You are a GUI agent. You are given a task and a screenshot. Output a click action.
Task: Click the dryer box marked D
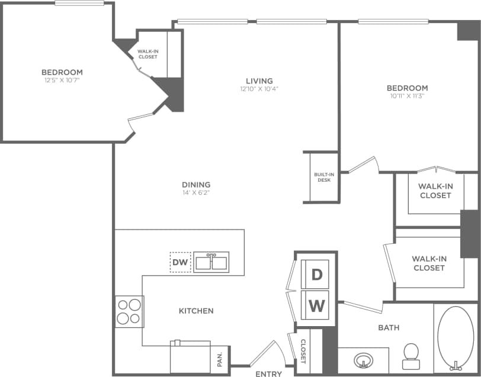[317, 274]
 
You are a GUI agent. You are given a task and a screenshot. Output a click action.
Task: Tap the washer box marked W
[317, 305]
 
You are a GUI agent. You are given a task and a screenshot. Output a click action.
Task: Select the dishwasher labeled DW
[180, 262]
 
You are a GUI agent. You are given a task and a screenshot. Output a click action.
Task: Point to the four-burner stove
[129, 311]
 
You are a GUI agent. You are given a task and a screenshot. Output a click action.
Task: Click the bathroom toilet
[411, 352]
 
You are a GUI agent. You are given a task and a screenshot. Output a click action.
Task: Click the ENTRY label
[268, 373]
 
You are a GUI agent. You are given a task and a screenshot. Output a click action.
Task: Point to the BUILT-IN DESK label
[323, 177]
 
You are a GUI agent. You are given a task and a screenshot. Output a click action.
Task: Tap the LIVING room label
[259, 80]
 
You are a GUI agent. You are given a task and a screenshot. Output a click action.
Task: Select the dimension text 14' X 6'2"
[196, 192]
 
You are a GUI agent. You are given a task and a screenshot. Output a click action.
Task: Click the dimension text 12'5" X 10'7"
[62, 80]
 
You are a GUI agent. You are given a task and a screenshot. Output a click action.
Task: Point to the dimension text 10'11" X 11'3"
[408, 95]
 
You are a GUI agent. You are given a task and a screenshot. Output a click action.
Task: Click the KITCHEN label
[196, 311]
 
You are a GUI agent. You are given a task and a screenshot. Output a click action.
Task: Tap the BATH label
[389, 327]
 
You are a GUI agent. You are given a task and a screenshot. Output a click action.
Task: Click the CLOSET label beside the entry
[302, 351]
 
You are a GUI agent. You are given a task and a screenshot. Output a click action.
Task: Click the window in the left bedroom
[79, 3]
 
